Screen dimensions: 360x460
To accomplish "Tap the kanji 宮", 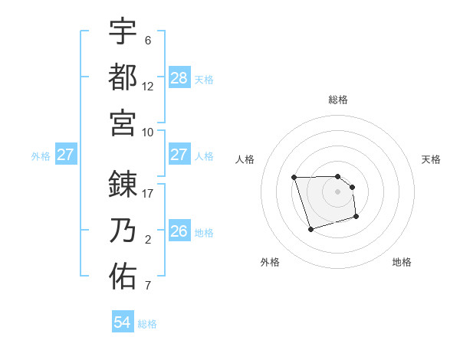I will pyautogui.click(x=123, y=122).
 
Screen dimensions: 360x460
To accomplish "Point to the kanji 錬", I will pyautogui.click(x=123, y=185).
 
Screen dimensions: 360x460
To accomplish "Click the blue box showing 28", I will pyautogui.click(x=179, y=77).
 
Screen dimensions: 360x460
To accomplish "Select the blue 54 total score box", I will pyautogui.click(x=123, y=322).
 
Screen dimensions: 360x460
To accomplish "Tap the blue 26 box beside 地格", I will pyautogui.click(x=179, y=231).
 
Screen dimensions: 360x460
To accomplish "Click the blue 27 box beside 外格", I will pyautogui.click(x=66, y=155).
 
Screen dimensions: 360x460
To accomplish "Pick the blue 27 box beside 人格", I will pyautogui.click(x=179, y=155).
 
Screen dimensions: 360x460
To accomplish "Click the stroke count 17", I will pyautogui.click(x=148, y=194).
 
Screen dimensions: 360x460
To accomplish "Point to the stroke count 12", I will pyautogui.click(x=148, y=86).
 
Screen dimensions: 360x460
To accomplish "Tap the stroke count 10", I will pyautogui.click(x=148, y=132).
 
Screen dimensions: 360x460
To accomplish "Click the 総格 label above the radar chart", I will pyautogui.click(x=337, y=100).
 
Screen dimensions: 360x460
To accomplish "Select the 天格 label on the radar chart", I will pyautogui.click(x=431, y=159).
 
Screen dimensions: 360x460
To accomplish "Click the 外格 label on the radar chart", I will pyautogui.click(x=270, y=262).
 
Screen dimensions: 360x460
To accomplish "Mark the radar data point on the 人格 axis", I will pyautogui.click(x=294, y=178).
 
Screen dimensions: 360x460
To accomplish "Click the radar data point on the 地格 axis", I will pyautogui.click(x=357, y=218).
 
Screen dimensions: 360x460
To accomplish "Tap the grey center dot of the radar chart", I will pyautogui.click(x=337, y=191).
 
